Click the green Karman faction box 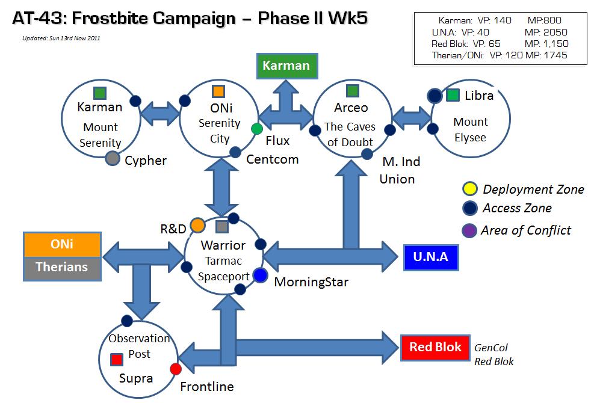pyautogui.click(x=287, y=66)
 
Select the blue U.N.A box pyautogui.click(x=431, y=257)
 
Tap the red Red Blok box pyautogui.click(x=435, y=347)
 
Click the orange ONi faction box pyautogui.click(x=62, y=244)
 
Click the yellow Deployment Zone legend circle pyautogui.click(x=470, y=189)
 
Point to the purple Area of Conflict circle pyautogui.click(x=469, y=230)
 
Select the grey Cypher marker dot pyautogui.click(x=113, y=158)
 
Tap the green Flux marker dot pyautogui.click(x=257, y=129)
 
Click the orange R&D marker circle pyautogui.click(x=197, y=226)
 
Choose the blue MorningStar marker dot pyautogui.click(x=260, y=275)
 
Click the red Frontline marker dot pyautogui.click(x=175, y=369)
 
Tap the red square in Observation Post pyautogui.click(x=117, y=360)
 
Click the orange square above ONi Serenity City pyautogui.click(x=218, y=91)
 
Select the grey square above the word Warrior pyautogui.click(x=222, y=227)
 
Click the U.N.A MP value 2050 pyautogui.click(x=555, y=32)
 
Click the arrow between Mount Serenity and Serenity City pyautogui.click(x=160, y=113)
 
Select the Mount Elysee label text pyautogui.click(x=471, y=129)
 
